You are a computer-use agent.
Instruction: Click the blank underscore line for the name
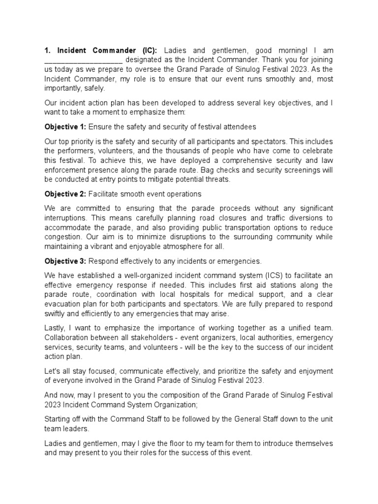(x=83, y=60)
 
